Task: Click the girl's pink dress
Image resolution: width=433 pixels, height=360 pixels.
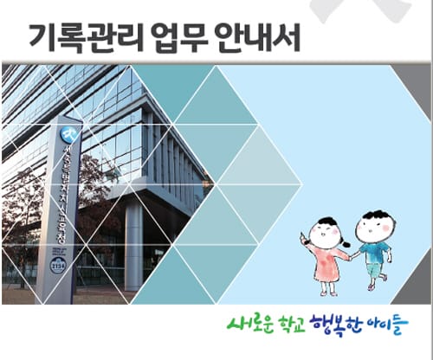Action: click(328, 264)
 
